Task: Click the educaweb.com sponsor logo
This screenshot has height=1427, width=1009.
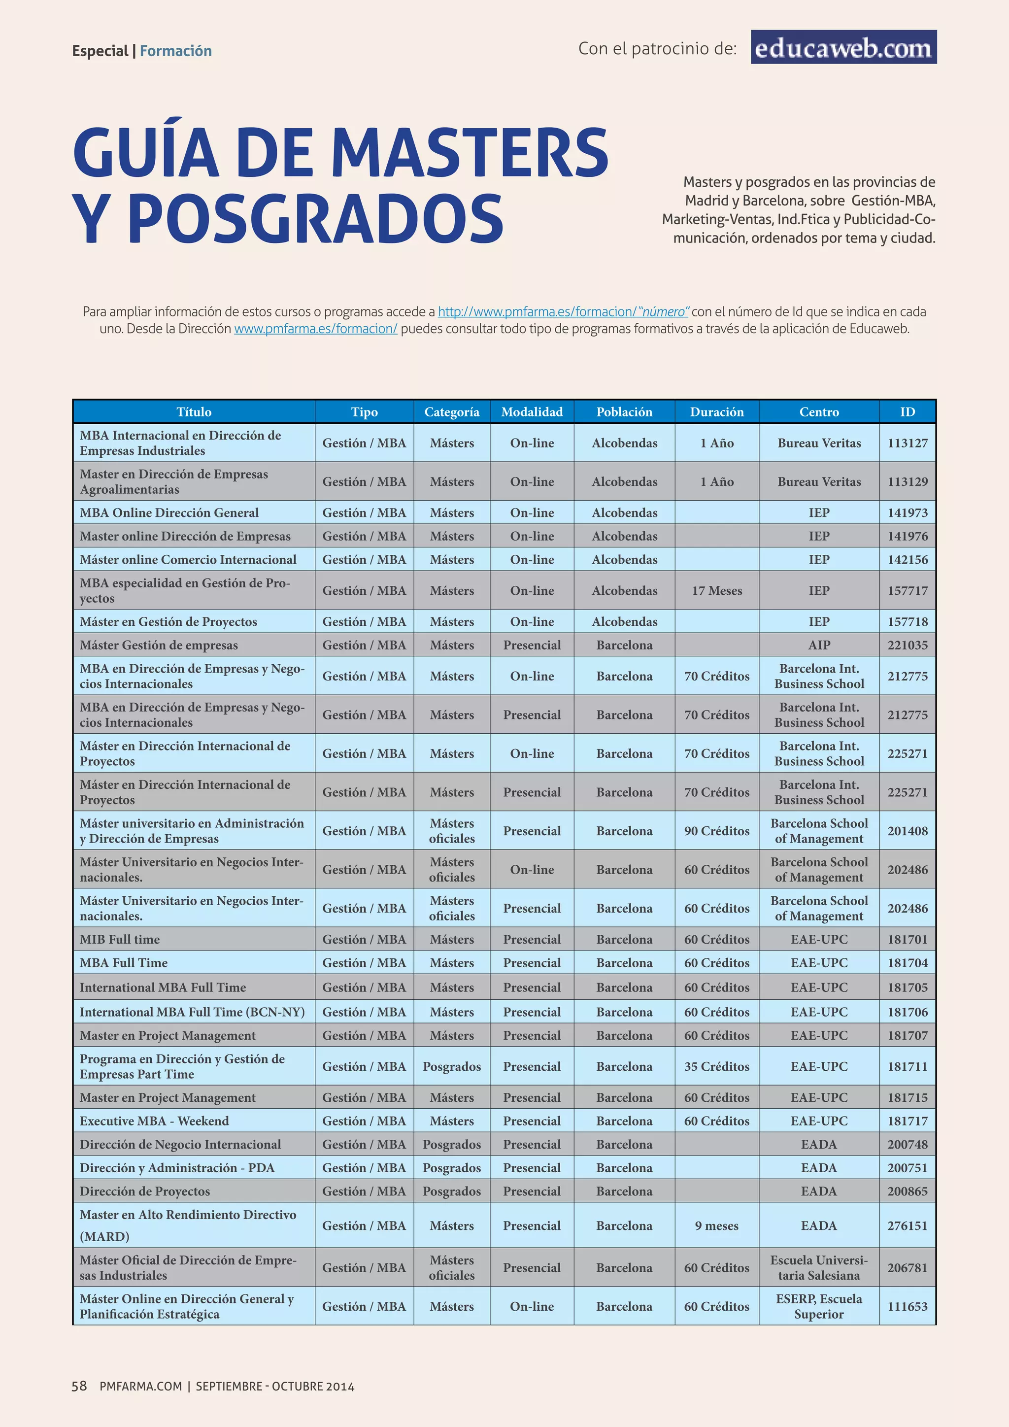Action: (843, 47)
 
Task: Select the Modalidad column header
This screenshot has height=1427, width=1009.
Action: (532, 412)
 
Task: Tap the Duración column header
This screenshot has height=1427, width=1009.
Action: (716, 412)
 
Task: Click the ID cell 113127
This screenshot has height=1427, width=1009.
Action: (907, 443)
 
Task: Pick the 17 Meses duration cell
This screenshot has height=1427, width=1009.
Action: (716, 590)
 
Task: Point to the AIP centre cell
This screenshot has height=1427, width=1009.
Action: (819, 645)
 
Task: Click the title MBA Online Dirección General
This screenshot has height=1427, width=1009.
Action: (169, 513)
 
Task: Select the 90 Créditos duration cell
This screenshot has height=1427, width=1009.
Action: (716, 831)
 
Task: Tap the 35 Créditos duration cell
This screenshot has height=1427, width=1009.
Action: (716, 1066)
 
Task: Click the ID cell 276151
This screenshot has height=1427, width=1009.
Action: (907, 1225)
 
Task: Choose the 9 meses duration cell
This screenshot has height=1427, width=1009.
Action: (716, 1225)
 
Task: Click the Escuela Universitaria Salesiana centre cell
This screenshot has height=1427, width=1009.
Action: (819, 1268)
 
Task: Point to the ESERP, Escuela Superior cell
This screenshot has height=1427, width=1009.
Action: (819, 1306)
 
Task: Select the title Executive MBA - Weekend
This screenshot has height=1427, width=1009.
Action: (154, 1121)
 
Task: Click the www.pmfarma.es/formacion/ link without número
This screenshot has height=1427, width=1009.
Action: (316, 329)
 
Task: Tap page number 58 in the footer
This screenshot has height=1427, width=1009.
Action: (79, 1386)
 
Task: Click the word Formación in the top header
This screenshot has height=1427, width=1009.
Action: (176, 51)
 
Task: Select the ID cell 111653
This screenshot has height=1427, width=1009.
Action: (907, 1306)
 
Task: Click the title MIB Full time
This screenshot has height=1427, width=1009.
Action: (120, 939)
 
